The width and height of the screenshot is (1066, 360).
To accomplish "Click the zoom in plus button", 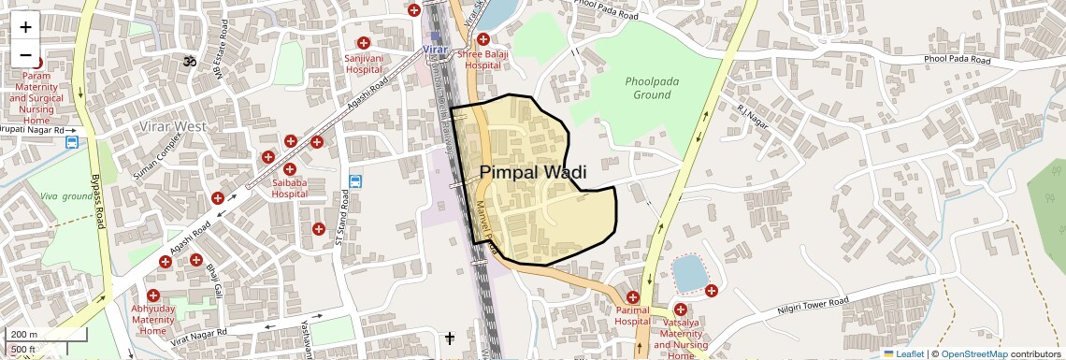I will point(25,27).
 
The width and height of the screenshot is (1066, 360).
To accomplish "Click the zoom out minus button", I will point(25,55).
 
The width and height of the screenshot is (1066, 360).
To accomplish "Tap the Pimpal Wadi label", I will point(533,172).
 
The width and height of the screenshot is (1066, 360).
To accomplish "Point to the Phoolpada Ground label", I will point(652,88).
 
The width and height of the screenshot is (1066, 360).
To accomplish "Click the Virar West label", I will point(173,125).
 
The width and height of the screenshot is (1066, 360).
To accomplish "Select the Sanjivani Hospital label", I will point(364,64).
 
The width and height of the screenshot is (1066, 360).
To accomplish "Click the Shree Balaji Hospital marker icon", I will point(483,39).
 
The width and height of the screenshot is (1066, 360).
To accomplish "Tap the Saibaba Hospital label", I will point(290,188).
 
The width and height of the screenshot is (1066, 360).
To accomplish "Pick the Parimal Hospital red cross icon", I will point(633,297).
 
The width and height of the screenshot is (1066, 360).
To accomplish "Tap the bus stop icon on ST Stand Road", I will point(355,180).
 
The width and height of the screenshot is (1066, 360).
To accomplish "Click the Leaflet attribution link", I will point(903,353).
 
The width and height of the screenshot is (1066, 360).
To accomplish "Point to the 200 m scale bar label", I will point(24,335).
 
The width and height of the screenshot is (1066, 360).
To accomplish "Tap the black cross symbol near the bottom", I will point(450,338).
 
